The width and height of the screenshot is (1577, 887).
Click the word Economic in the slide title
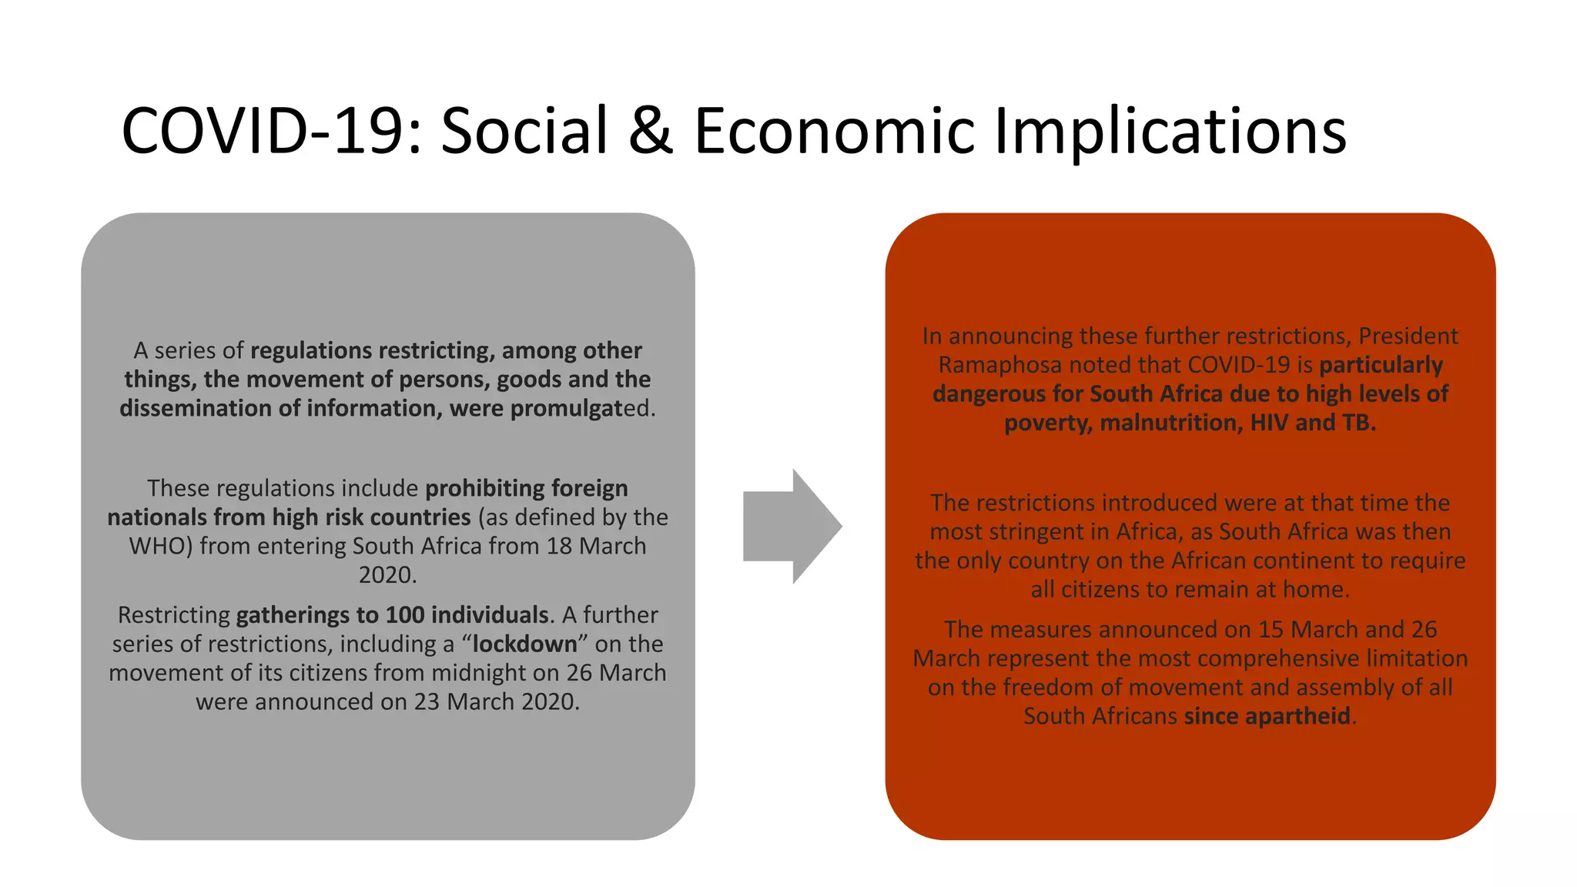(x=835, y=131)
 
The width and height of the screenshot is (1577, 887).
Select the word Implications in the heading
(x=1170, y=131)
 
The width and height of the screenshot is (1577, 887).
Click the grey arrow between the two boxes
(x=791, y=527)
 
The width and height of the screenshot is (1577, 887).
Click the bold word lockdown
(x=524, y=644)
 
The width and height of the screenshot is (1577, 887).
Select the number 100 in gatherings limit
(x=405, y=615)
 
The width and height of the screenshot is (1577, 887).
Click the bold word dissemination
(x=196, y=409)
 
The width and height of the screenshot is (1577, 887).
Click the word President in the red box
(x=1408, y=336)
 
